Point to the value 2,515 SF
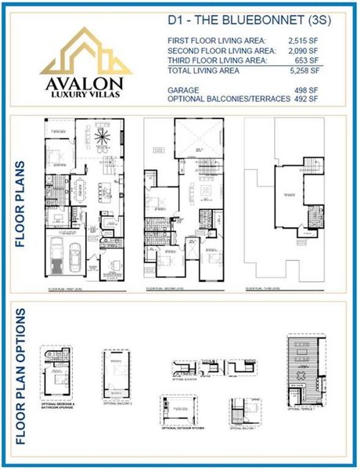click(304, 41)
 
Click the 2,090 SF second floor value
click(304, 50)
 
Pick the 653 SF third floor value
click(308, 60)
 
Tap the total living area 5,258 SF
click(304, 70)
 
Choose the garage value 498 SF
click(308, 90)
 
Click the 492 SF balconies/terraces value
click(308, 99)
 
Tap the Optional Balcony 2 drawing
click(119, 374)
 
